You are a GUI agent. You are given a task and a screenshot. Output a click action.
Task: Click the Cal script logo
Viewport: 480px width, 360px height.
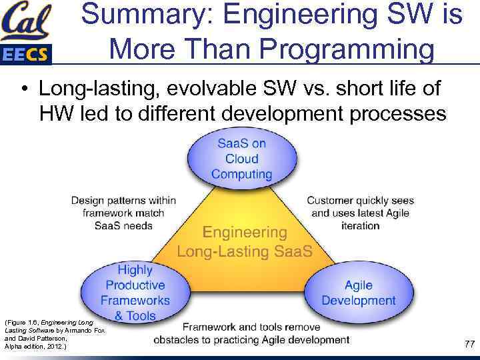pos(25,21)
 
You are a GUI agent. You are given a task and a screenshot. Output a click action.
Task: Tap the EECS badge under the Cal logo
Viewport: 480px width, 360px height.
pos(25,54)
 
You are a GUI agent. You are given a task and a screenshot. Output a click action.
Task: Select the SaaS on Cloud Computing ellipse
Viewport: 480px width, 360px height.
pos(241,159)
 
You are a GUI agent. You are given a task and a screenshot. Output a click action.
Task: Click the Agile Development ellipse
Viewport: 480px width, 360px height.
pos(358,293)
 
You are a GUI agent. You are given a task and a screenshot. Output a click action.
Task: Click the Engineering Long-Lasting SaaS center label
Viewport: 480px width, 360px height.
pos(245,242)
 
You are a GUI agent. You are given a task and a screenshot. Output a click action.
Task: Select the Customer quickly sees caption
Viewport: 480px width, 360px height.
pos(360,213)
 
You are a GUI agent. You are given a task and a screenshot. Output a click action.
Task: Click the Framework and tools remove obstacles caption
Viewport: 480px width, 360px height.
pos(251,333)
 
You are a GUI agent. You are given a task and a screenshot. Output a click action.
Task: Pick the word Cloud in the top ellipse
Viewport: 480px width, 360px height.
pos(241,159)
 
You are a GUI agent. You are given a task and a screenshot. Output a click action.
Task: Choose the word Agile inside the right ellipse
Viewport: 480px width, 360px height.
pos(358,285)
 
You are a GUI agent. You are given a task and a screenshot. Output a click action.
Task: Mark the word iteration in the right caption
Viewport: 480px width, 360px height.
pos(360,226)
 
